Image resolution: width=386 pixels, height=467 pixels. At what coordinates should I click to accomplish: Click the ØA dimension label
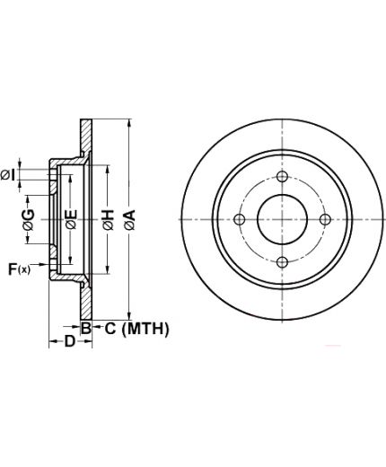130,220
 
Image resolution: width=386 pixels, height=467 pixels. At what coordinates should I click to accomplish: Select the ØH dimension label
109,220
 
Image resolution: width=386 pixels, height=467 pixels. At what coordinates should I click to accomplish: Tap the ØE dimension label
72,219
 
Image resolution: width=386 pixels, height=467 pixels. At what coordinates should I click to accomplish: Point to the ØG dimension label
29,220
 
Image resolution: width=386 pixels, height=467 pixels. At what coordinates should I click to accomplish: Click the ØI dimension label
8,175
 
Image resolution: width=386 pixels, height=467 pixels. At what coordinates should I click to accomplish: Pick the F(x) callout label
19,269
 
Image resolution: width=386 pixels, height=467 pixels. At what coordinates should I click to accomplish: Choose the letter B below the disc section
86,329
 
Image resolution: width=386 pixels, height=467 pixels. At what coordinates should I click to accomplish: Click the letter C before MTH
110,329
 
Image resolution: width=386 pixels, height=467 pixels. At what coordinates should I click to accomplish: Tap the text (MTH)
145,329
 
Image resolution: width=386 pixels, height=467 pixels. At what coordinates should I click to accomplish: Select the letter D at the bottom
70,341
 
